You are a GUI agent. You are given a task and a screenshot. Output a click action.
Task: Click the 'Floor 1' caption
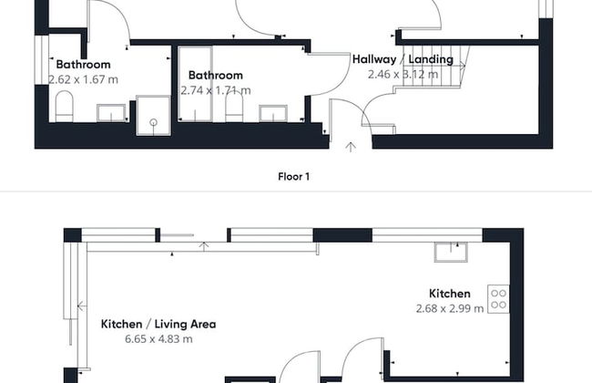click(x=293, y=177)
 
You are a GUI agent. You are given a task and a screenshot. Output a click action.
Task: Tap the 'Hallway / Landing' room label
click(x=403, y=59)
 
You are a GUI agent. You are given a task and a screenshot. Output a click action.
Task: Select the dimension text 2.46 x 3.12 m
click(x=403, y=75)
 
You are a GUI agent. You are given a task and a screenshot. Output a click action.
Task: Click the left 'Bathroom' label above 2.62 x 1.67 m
click(x=83, y=65)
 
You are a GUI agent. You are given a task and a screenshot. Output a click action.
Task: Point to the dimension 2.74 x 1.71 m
click(x=216, y=90)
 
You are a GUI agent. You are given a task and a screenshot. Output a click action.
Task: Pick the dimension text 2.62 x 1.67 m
click(x=83, y=79)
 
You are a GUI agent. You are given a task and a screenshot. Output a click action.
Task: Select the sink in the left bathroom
click(x=112, y=113)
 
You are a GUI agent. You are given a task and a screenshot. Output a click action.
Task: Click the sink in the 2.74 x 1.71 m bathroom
click(x=273, y=113)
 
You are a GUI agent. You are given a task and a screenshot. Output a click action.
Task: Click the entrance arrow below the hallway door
click(x=351, y=144)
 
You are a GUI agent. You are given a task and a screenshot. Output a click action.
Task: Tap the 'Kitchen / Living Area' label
click(x=158, y=324)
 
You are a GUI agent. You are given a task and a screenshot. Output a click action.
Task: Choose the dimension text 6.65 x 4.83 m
click(x=158, y=339)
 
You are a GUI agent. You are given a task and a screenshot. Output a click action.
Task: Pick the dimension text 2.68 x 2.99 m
click(x=450, y=309)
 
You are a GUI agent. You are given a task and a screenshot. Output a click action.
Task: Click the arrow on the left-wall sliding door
click(x=81, y=306)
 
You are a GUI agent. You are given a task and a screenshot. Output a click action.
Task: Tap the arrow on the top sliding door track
click(x=204, y=244)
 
